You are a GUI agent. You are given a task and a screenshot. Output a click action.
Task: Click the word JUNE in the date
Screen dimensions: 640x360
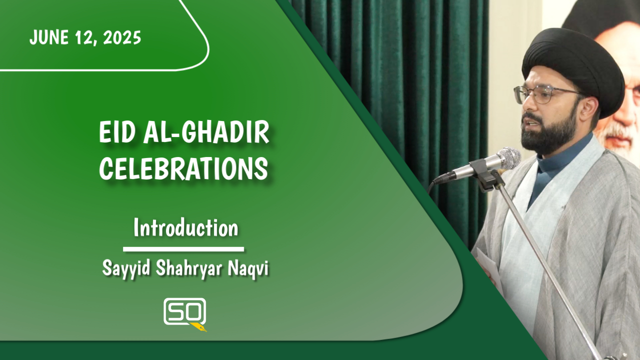pyautogui.click(x=49, y=37)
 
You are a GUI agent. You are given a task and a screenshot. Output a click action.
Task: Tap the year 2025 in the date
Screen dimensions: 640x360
pyautogui.click(x=122, y=37)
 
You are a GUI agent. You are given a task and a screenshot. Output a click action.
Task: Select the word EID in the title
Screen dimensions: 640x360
pyautogui.click(x=117, y=133)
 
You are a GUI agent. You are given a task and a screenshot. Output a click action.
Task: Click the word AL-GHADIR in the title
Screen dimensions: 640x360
pyautogui.click(x=206, y=133)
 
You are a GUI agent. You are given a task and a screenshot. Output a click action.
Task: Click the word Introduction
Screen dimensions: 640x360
pyautogui.click(x=185, y=228)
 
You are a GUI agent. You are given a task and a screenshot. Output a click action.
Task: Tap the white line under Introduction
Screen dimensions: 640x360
pyautogui.click(x=183, y=249)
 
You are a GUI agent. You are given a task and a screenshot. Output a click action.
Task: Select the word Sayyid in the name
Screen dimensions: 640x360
pyautogui.click(x=126, y=268)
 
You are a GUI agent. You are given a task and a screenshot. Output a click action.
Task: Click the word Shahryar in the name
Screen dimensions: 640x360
pyautogui.click(x=189, y=268)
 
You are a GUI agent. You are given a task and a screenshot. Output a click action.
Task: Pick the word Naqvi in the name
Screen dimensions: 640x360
pyautogui.click(x=248, y=268)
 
